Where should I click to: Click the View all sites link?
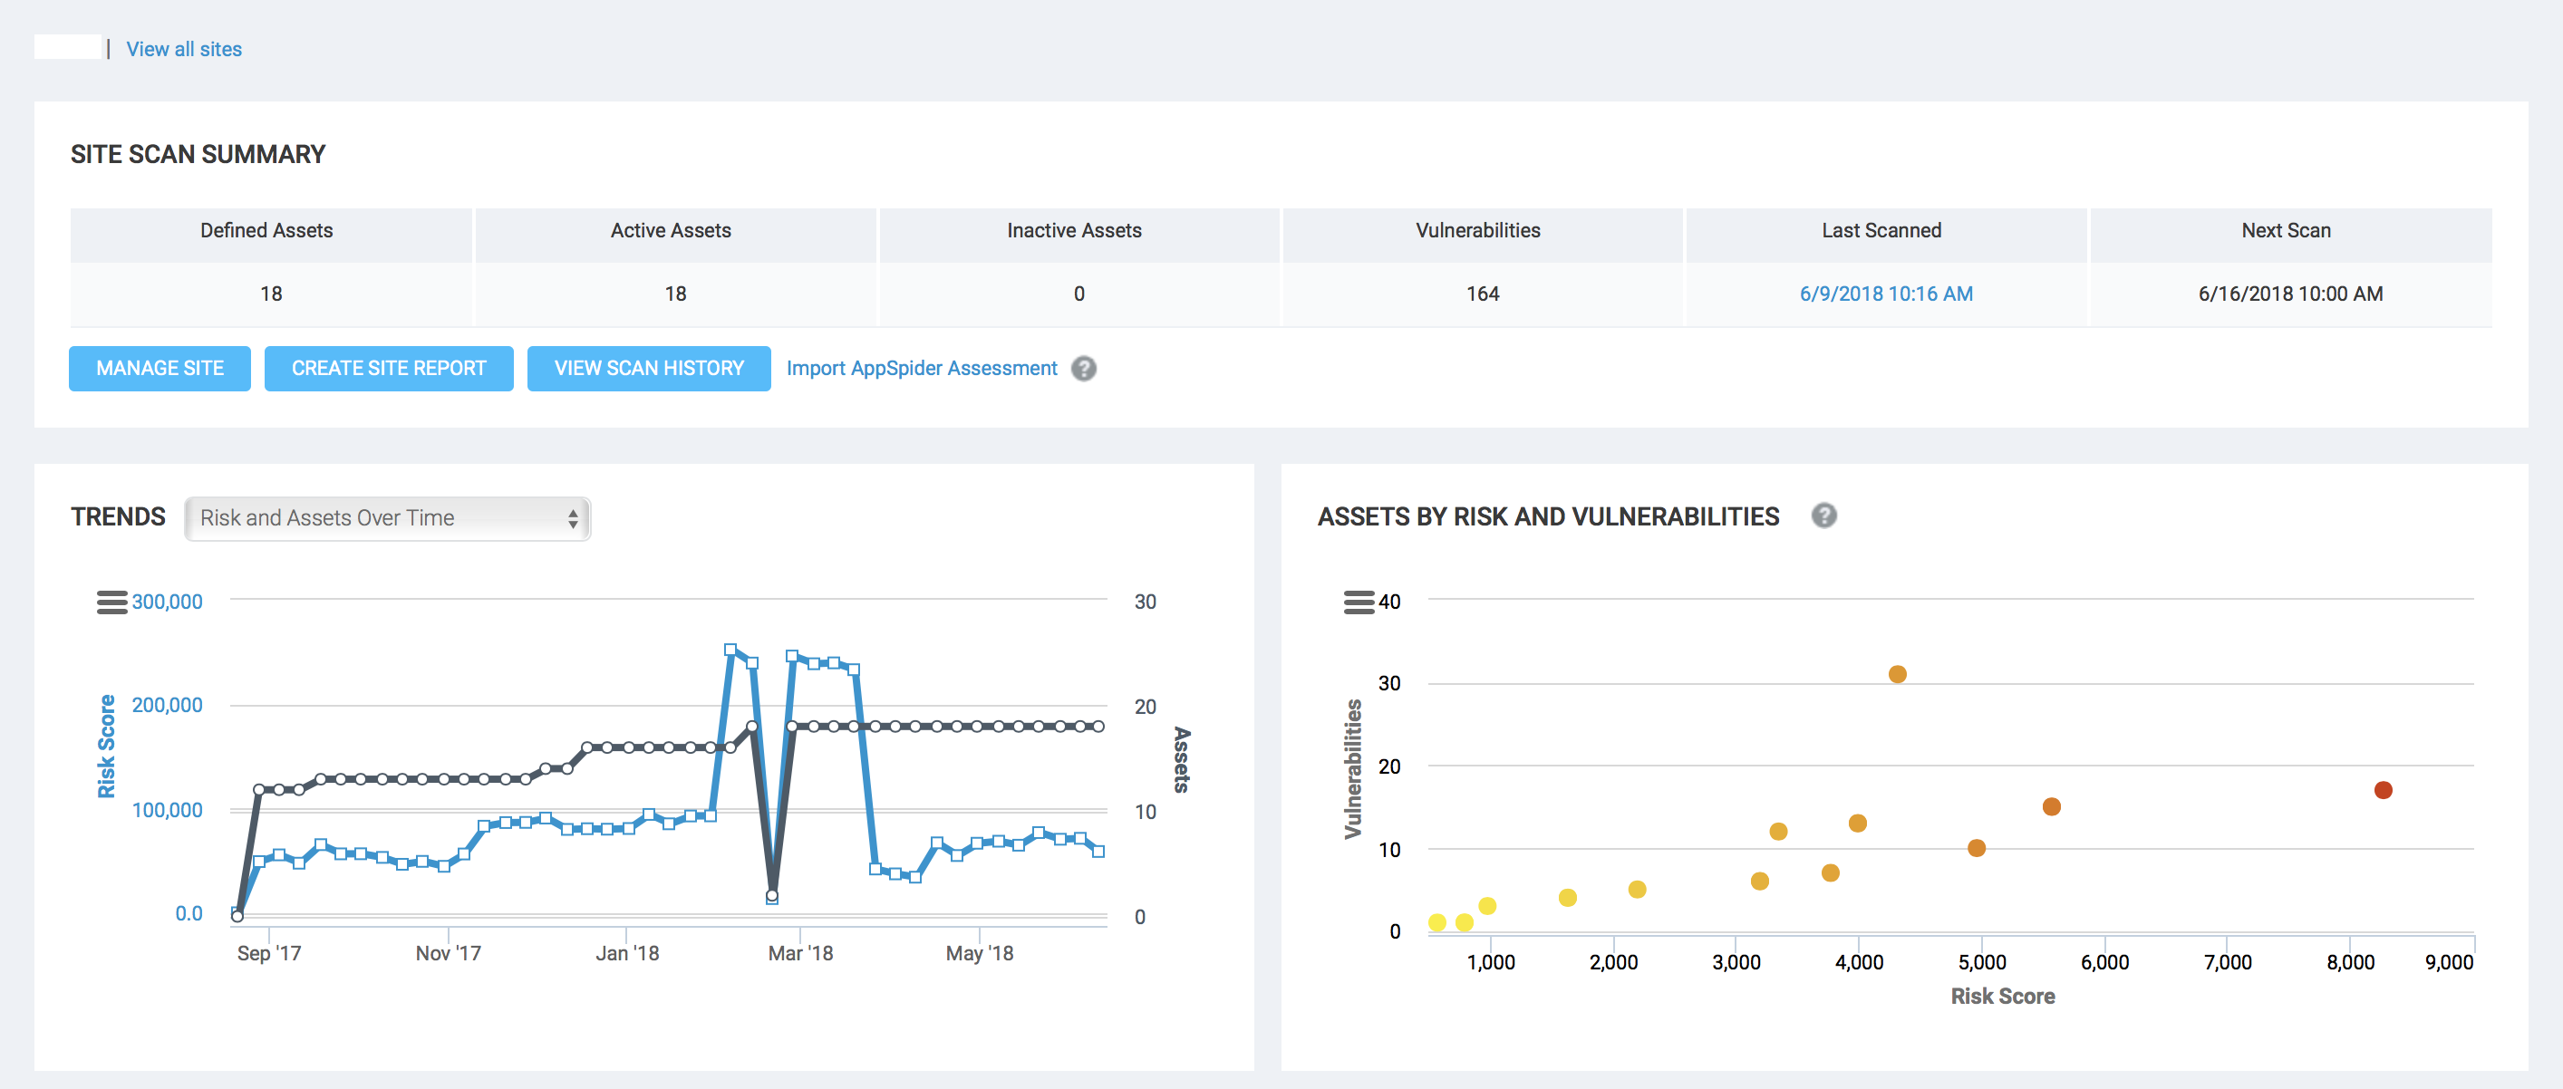[184, 49]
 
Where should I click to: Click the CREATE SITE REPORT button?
[388, 368]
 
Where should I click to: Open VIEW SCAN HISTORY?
[649, 368]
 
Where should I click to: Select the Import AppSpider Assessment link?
[922, 368]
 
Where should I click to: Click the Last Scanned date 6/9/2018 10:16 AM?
[1885, 294]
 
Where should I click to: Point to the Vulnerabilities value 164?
[1482, 294]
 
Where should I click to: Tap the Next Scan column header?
[2286, 231]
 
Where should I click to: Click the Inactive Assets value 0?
[1078, 294]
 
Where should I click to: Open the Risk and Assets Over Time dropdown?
[387, 518]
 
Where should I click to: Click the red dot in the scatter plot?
[2382, 790]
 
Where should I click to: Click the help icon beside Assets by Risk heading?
[1823, 516]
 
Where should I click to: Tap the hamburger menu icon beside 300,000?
[111, 602]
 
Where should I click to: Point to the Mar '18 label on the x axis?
[800, 953]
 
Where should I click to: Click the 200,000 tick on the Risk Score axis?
[167, 705]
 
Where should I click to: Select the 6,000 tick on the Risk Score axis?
[2104, 961]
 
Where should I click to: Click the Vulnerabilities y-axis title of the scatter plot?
[1352, 767]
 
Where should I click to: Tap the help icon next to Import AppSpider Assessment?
[1084, 368]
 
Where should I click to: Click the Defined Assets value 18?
[271, 294]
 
